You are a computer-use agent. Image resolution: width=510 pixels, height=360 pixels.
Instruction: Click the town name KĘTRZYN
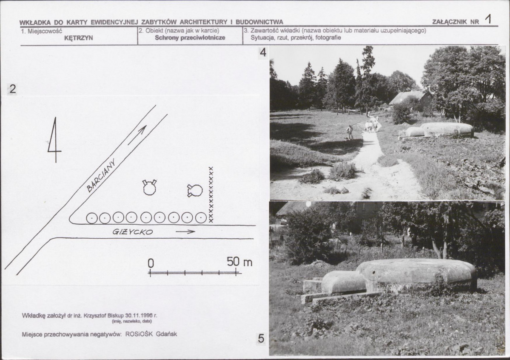(78, 38)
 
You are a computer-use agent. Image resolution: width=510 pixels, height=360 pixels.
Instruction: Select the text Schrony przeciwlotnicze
(190, 37)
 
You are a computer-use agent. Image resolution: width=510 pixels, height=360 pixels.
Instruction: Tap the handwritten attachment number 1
(488, 19)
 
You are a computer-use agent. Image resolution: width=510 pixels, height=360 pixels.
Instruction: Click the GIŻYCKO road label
(133, 232)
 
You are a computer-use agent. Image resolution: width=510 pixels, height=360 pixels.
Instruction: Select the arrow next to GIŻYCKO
(185, 232)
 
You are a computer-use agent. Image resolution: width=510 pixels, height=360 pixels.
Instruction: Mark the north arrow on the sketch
(54, 140)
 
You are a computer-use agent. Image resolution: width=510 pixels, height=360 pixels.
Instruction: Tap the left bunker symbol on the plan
(150, 187)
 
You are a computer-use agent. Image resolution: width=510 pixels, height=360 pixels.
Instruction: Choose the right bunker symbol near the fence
(195, 191)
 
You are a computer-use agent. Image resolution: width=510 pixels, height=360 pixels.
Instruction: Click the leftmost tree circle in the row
(92, 218)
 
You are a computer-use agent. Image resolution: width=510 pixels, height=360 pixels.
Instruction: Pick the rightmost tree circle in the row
(201, 217)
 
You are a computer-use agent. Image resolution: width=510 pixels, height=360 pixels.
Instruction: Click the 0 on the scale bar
(151, 263)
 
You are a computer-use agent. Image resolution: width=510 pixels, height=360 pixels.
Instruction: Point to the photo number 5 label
(261, 339)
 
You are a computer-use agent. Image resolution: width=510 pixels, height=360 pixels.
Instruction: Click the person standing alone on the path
(350, 132)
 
